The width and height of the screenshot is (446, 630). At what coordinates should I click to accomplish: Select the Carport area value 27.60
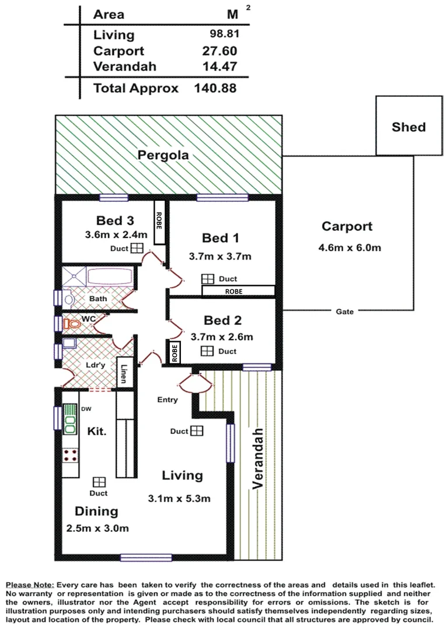point(219,51)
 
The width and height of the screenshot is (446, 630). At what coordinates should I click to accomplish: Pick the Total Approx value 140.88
point(215,89)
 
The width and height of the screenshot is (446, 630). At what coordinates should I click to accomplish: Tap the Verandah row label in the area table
point(124,66)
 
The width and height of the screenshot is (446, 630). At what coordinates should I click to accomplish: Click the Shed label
point(409,127)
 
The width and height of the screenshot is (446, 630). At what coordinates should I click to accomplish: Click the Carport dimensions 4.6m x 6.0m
point(349,247)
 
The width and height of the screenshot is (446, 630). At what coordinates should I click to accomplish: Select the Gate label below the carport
point(345,312)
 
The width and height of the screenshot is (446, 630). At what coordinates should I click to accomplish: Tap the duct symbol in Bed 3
point(136,249)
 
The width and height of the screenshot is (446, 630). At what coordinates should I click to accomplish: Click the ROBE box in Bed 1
point(238,290)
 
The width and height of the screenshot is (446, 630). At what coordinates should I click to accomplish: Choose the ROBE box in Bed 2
point(174,352)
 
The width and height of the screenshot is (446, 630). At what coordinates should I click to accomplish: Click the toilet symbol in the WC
point(71,323)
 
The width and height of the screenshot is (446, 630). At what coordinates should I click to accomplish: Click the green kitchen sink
point(71,418)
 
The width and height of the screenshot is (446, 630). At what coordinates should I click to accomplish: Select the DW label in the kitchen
point(86,409)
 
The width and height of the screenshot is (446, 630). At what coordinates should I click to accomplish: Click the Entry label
point(168,400)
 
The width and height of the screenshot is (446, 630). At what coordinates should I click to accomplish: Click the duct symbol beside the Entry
point(197,431)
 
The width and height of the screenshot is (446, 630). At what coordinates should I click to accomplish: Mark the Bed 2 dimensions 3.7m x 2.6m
point(221,337)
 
